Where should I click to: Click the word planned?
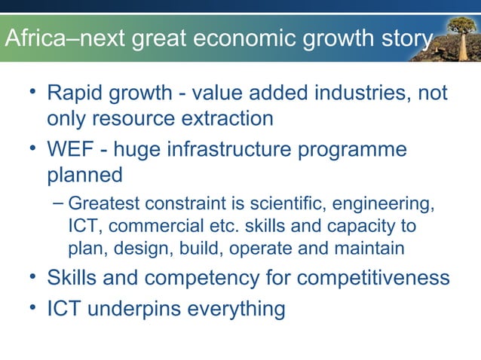tap(85, 175)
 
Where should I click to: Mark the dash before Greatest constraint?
tap(59, 203)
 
